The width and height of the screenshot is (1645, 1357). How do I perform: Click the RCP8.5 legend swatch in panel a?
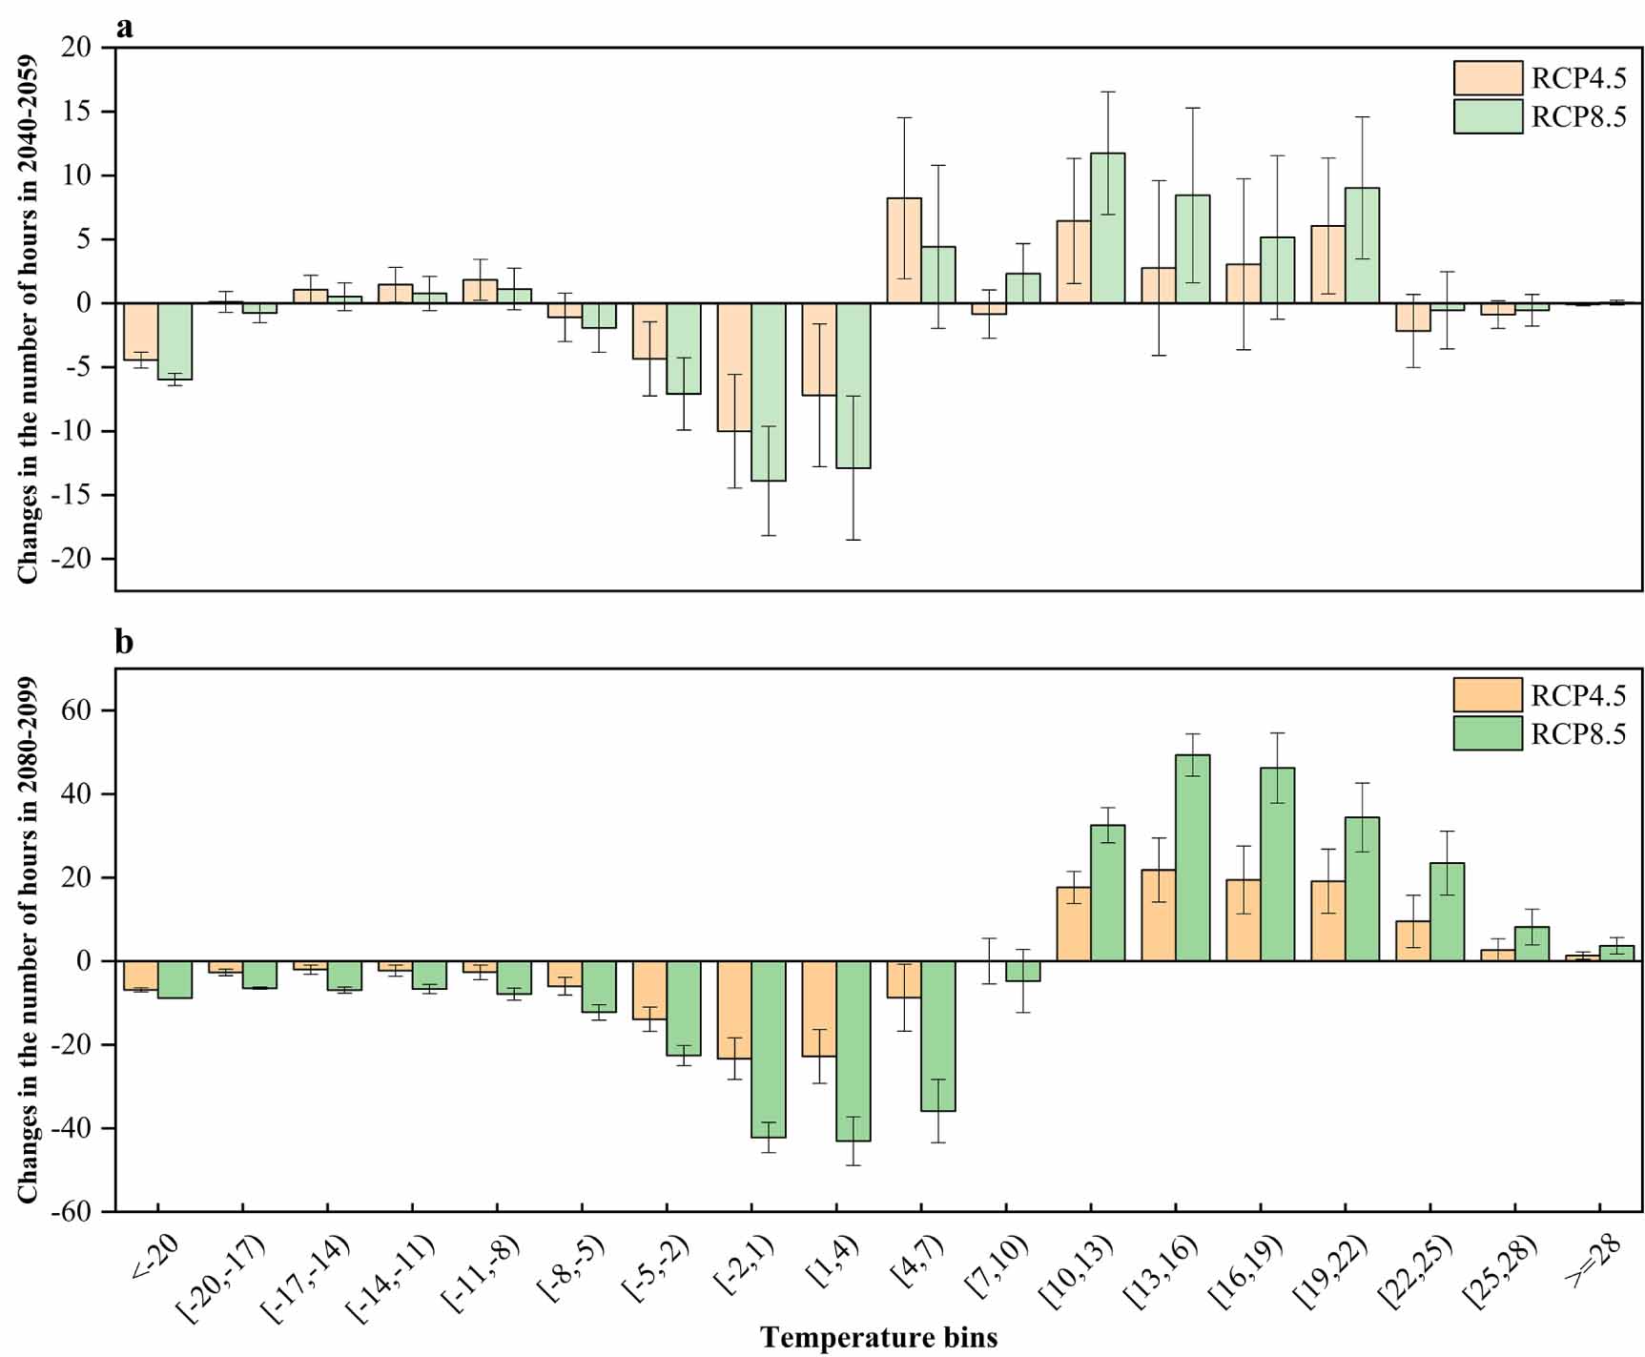tap(1488, 116)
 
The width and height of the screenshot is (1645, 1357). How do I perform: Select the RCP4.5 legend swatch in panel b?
tap(1488, 695)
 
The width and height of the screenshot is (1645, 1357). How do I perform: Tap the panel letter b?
tap(124, 643)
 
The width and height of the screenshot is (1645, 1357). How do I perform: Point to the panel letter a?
tap(124, 28)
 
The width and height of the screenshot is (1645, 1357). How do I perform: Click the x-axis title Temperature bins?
tap(878, 1337)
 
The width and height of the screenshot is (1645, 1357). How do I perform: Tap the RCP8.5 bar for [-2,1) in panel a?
tap(769, 392)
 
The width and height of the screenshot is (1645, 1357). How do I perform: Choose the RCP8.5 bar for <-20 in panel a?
tap(175, 341)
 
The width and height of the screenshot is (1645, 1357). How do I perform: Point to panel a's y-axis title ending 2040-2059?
tap(28, 319)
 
